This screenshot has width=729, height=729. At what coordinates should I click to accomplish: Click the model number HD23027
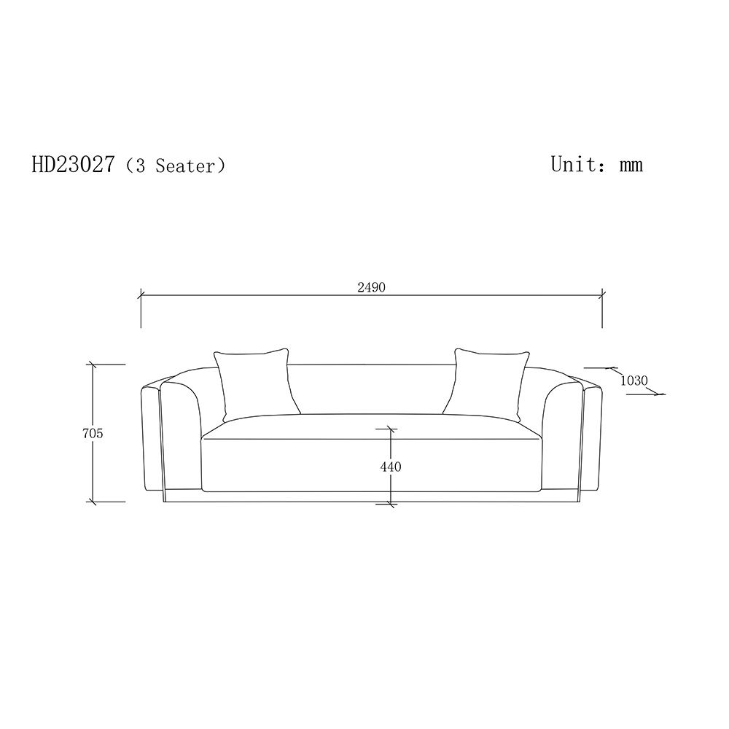(73, 164)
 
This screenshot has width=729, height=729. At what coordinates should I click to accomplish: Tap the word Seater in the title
(185, 165)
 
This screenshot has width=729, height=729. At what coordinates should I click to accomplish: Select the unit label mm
(631, 165)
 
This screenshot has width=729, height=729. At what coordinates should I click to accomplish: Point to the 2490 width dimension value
(372, 287)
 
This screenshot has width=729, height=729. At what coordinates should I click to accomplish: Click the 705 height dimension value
(93, 433)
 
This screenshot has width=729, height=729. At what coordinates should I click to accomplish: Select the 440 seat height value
(391, 467)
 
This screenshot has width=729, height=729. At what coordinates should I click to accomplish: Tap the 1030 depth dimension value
(634, 381)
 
